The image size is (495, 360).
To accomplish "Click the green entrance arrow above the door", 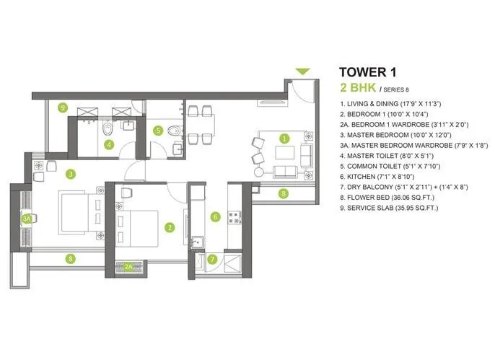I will pyautogui.click(x=302, y=71).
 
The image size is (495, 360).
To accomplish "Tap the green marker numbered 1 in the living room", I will pyautogui.click(x=284, y=138).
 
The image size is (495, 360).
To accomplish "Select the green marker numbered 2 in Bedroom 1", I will pyautogui.click(x=170, y=228).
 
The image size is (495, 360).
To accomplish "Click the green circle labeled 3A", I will pyautogui.click(x=27, y=217).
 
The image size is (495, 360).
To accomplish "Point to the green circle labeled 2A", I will pyautogui.click(x=129, y=266).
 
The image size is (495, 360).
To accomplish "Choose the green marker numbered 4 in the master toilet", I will pyautogui.click(x=108, y=144).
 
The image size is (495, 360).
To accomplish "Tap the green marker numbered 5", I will pyautogui.click(x=158, y=131).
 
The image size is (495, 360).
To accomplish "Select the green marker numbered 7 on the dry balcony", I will pyautogui.click(x=211, y=259).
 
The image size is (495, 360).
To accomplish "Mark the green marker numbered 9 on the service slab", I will pyautogui.click(x=63, y=107).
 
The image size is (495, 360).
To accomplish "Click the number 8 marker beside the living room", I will pyautogui.click(x=284, y=193).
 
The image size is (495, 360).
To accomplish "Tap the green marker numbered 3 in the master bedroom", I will pyautogui.click(x=70, y=173).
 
